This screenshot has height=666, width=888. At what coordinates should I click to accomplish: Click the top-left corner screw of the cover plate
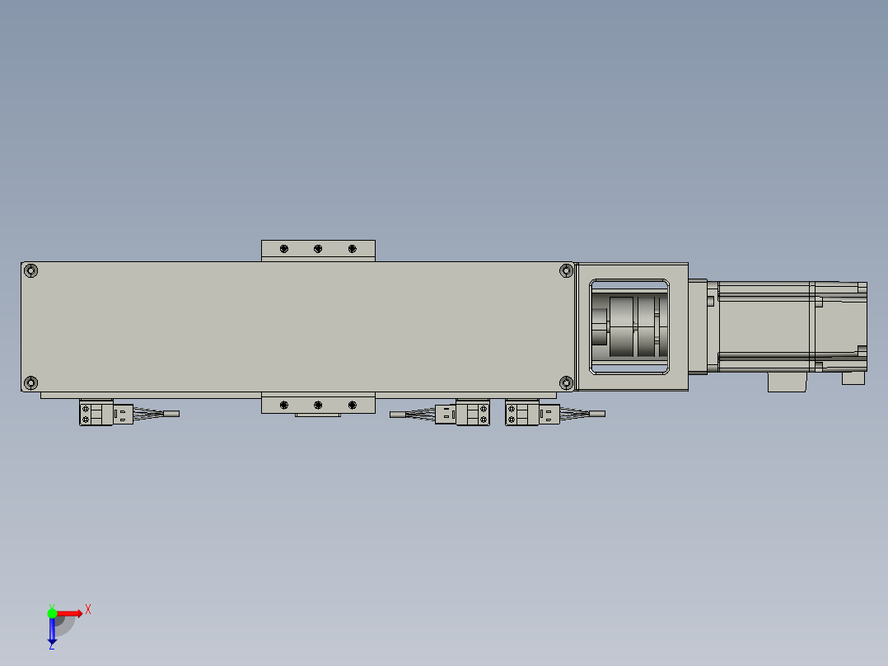tap(30, 270)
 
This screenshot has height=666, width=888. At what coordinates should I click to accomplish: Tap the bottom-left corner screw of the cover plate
tap(30, 382)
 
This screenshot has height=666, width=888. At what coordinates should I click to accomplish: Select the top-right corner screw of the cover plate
tap(566, 270)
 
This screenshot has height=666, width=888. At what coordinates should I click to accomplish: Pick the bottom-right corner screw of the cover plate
tap(566, 382)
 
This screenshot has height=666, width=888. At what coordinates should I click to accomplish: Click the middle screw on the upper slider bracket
tap(318, 249)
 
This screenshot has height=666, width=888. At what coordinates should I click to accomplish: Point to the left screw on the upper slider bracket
tap(284, 249)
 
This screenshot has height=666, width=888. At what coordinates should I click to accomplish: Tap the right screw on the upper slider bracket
tap(352, 249)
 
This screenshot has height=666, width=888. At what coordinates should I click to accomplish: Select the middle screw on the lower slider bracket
tap(318, 405)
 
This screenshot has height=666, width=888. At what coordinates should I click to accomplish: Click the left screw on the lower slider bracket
tap(284, 405)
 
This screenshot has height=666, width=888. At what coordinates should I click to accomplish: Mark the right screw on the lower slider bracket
tap(352, 405)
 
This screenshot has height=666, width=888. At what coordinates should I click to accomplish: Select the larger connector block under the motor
tap(787, 382)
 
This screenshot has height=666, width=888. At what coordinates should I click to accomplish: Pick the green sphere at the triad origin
tap(52, 612)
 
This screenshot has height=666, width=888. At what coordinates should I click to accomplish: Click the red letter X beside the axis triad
tap(88, 610)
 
